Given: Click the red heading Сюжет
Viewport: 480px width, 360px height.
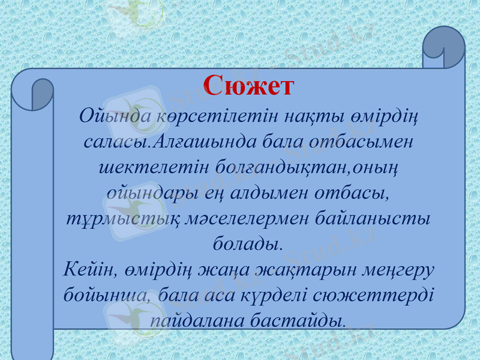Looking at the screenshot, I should point(248,86).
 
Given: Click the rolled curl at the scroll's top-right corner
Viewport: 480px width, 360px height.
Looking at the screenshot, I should point(443,48).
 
